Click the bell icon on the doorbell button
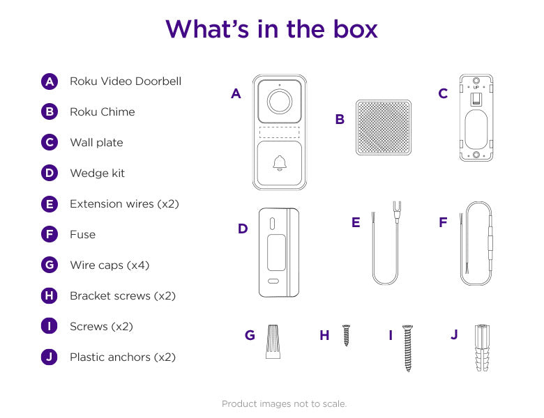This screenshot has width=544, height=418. coord(280,163)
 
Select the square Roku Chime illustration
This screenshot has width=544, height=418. coord(385,127)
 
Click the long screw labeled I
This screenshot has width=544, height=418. coord(408,347)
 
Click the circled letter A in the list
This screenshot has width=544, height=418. coord(49,82)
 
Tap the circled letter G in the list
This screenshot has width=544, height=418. coord(49,265)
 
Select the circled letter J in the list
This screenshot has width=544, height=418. coord(49,357)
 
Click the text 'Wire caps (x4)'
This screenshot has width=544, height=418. coord(109,265)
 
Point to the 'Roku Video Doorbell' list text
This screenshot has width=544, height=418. coord(126,82)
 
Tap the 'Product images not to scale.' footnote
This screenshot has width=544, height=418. coord(284,404)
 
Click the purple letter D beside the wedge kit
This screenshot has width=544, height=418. coord(243,229)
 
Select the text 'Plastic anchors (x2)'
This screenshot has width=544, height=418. coord(123,357)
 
